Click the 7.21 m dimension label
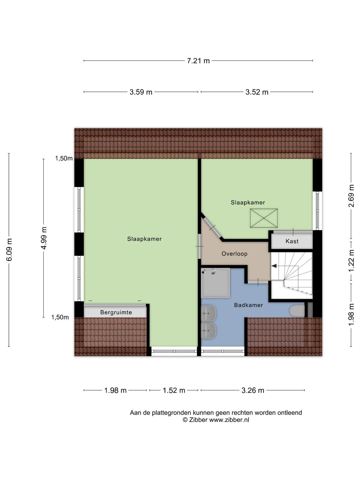pyautogui.click(x=198, y=61)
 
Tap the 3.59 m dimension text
pyautogui.click(x=141, y=92)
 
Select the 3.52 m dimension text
pyautogui.click(x=256, y=92)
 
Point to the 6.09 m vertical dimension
pyautogui.click(x=9, y=250)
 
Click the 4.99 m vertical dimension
pyautogui.click(x=43, y=238)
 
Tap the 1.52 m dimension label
pyautogui.click(x=174, y=390)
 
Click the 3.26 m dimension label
pyautogui.click(x=253, y=390)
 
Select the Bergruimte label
pyautogui.click(x=116, y=312)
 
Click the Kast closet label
pyautogui.click(x=292, y=241)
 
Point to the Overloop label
pyautogui.click(x=234, y=254)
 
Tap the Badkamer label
pyautogui.click(x=248, y=305)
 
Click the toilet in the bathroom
pyautogui.click(x=297, y=311)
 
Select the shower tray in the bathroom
pyautogui.click(x=215, y=283)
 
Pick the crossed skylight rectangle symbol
pyautogui.click(x=264, y=218)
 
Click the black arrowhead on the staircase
pyautogui.click(x=274, y=266)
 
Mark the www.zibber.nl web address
pyautogui.click(x=229, y=420)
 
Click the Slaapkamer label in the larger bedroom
pyautogui.click(x=144, y=239)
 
